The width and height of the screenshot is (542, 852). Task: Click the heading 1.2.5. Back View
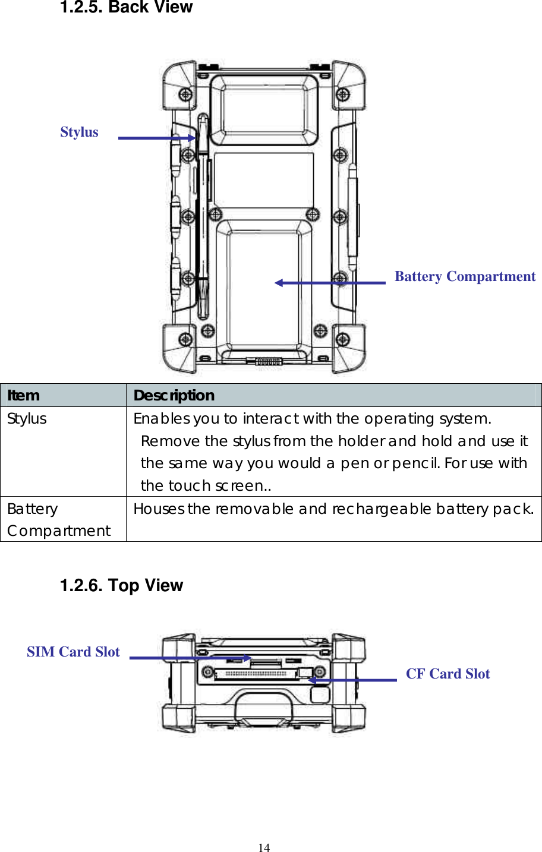126,8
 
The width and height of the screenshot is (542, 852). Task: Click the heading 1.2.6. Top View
121,585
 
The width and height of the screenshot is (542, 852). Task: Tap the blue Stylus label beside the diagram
79,132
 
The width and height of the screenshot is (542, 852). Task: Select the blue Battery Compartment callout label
465,276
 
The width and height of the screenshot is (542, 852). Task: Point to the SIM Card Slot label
73,652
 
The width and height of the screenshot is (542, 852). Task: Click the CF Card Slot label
448,674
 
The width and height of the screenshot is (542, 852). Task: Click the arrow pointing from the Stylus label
156,138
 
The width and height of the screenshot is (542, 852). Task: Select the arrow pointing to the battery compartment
330,283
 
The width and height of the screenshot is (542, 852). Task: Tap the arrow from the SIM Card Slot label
190,658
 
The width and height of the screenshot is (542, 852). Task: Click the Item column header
24,395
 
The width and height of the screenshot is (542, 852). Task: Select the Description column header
174,395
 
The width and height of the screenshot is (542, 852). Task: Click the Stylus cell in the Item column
27,419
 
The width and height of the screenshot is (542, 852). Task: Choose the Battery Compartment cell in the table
58,520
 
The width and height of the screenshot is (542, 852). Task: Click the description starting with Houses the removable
333,509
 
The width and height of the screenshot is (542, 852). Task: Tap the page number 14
264,848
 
